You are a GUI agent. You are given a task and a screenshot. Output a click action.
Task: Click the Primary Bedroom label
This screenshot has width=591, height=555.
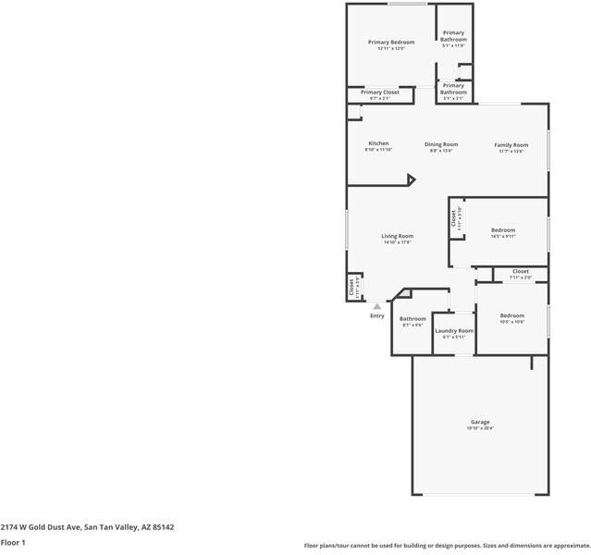(391, 42)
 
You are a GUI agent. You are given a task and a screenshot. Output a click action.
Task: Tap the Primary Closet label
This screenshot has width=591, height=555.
(379, 92)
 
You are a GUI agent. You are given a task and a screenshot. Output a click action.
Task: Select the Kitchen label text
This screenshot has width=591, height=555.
(378, 143)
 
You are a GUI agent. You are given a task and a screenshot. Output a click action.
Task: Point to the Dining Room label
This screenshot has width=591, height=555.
(441, 144)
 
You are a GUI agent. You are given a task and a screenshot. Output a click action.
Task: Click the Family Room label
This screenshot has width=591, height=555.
(511, 145)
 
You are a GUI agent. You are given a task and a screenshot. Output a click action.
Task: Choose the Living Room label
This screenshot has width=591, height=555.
(397, 236)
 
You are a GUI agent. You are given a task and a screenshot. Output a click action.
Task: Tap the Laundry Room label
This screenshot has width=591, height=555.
(454, 330)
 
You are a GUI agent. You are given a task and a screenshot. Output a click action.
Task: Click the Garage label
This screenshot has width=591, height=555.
(480, 422)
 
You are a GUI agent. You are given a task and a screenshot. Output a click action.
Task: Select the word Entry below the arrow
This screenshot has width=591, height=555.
(377, 316)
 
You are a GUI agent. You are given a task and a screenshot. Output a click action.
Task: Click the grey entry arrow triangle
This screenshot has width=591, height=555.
(376, 306)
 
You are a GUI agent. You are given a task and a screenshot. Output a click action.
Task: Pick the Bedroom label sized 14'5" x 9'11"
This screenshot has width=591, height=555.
(503, 229)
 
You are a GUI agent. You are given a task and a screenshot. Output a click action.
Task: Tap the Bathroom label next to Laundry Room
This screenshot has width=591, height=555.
(412, 319)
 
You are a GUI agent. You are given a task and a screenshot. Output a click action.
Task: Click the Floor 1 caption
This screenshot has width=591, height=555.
(13, 542)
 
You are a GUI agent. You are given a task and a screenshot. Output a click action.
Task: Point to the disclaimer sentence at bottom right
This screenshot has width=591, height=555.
(447, 546)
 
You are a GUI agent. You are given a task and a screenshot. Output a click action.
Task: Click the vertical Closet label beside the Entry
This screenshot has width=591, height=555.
(351, 288)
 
